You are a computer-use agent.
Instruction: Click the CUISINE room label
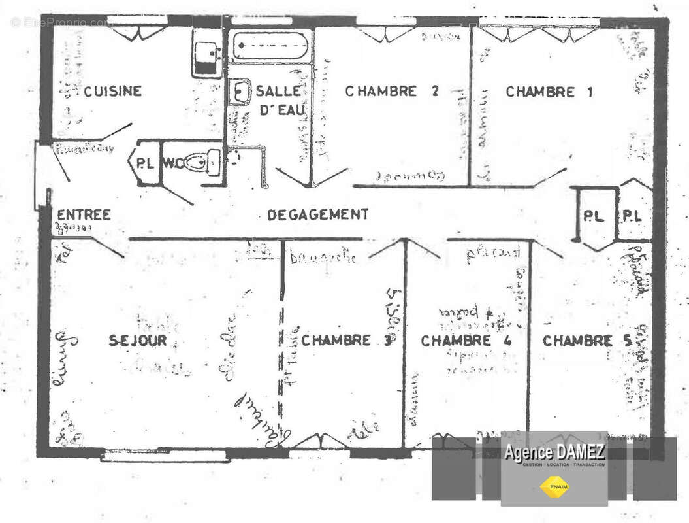point(112,92)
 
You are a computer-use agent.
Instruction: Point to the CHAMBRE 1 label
point(549,92)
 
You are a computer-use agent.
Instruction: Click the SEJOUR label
point(138,341)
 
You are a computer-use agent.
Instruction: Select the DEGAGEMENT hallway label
point(318,214)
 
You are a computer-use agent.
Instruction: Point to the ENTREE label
point(84,214)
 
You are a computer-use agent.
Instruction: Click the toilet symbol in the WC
point(201,161)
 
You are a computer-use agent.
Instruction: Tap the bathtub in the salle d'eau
point(270,46)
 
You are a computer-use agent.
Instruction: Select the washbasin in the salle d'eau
point(240,92)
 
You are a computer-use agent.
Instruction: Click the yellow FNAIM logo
point(554,485)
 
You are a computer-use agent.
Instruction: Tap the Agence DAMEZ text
point(554,452)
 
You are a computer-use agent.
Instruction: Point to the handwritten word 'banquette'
point(323,256)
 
